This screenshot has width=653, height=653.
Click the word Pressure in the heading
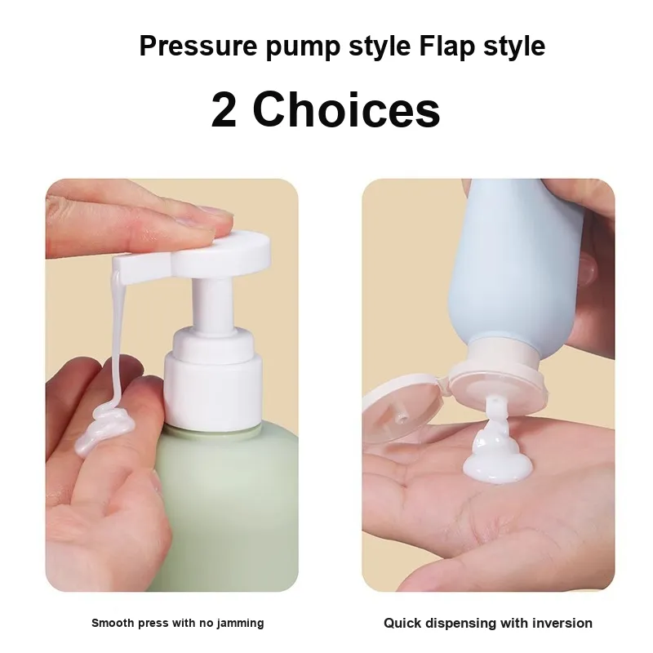[198, 47]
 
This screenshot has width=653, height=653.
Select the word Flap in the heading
[446, 47]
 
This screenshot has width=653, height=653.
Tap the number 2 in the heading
[224, 110]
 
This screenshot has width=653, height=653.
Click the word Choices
[346, 110]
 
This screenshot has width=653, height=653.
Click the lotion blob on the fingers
[105, 429]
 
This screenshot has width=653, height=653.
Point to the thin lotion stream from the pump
[118, 337]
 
